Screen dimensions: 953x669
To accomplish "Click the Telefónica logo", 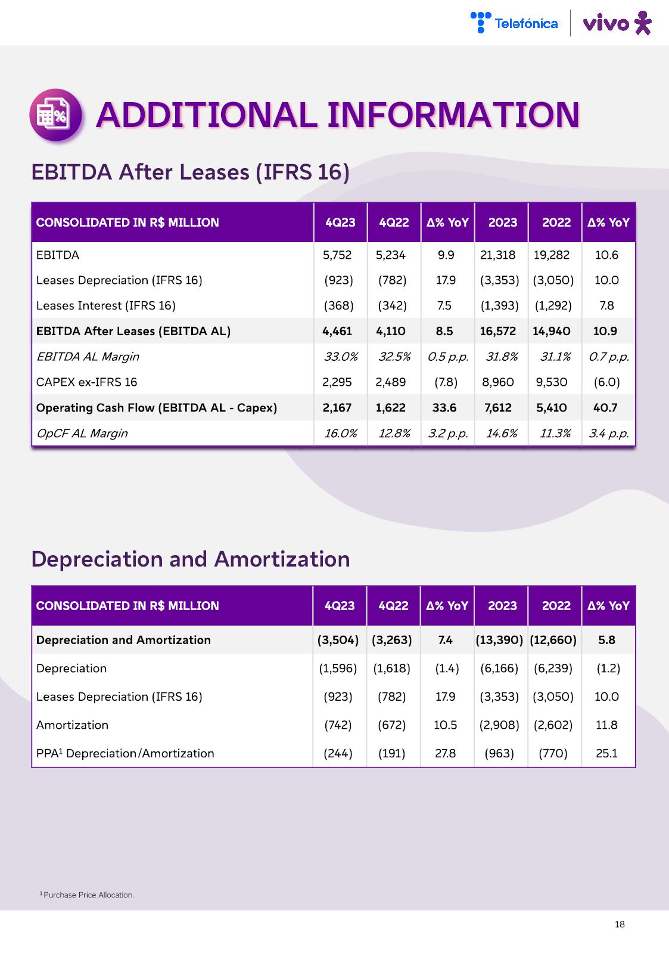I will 514,23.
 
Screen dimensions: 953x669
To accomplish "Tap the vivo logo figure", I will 642,23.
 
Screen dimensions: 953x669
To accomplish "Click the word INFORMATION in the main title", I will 453,115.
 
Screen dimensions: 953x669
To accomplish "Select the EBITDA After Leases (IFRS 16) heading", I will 190,172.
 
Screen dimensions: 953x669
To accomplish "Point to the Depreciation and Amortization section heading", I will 190,559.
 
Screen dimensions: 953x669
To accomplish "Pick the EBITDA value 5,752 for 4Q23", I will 337,255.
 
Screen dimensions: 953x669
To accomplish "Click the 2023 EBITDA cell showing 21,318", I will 497,255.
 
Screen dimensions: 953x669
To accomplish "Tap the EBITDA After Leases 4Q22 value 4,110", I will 390,331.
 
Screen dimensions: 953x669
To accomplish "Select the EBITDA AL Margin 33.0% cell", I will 341,357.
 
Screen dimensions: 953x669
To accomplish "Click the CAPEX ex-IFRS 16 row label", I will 86,382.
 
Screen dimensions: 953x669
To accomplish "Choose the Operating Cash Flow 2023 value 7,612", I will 497,408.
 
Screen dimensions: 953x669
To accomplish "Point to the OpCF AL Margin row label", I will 82,434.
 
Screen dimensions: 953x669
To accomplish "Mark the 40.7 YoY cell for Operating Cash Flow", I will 605,408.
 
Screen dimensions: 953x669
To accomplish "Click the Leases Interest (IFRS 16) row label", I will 105,306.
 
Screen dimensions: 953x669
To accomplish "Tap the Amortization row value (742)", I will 338,725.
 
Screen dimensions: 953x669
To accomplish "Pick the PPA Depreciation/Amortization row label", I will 125,753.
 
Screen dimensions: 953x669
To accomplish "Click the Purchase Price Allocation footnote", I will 88,895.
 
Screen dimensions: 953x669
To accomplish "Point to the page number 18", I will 620,924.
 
